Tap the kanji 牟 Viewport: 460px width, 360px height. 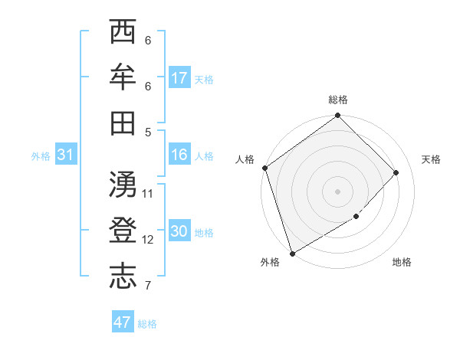[123, 77]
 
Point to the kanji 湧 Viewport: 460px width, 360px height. [123, 184]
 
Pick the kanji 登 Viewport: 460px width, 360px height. [123, 230]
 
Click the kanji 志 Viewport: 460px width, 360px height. [123, 276]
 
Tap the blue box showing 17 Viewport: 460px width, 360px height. [179, 78]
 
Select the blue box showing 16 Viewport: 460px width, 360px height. [179, 155]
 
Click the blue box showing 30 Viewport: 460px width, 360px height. [179, 232]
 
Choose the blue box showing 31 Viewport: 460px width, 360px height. [66, 155]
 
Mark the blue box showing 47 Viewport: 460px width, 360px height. [123, 322]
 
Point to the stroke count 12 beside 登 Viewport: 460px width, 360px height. [148, 239]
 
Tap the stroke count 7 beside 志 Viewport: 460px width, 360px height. [147, 286]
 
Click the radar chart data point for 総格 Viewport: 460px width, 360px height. [337, 116]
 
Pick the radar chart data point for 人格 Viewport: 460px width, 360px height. [265, 168]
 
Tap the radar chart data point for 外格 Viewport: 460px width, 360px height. [292, 253]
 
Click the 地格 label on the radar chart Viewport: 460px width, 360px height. [402, 263]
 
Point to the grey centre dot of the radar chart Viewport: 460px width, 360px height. [337, 191]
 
